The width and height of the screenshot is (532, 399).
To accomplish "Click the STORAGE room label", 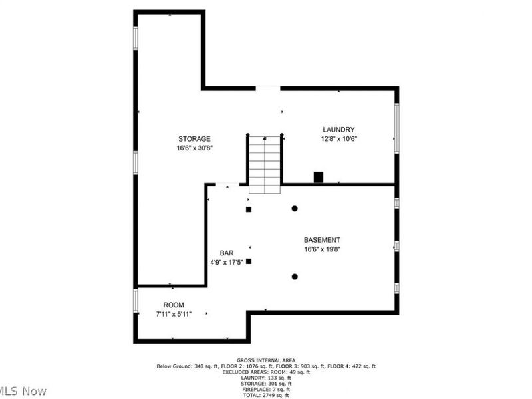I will pos(194,139).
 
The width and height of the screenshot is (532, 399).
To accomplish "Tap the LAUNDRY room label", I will pos(338,130).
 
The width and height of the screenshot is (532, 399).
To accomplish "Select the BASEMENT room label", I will pos(322,240).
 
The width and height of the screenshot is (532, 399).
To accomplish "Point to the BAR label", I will pos(227,253).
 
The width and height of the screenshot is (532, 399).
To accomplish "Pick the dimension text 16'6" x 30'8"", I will pos(194,148).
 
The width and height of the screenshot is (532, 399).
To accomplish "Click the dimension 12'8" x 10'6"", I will pos(339,139).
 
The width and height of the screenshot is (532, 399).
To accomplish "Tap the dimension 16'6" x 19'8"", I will pos(323,249).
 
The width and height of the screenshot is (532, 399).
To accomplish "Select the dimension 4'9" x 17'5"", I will pos(227,262).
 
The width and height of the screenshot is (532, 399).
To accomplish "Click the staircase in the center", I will pos(265,164).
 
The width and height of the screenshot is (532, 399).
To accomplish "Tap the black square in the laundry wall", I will pos(319,177).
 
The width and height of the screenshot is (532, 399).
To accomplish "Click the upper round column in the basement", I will pos(295,209).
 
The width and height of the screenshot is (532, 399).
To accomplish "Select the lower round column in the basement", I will pos(295,277).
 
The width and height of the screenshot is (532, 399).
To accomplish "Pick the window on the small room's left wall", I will pos(136,300).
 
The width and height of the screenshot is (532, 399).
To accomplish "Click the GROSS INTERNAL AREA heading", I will pos(266,360).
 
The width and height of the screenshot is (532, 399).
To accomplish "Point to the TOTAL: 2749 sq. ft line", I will pos(266,395).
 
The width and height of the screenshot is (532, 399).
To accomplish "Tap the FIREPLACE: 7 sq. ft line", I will pos(266,389).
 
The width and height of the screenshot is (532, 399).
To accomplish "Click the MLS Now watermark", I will pos(23,390).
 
